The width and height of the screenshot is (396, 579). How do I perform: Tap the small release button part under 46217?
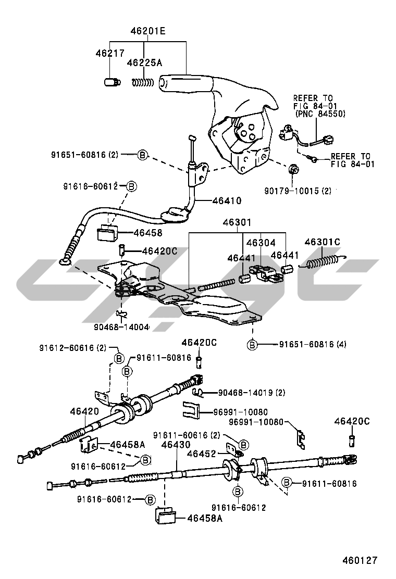point(111,82)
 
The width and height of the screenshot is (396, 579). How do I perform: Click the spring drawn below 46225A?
point(142,82)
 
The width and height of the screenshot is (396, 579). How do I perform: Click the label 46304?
point(261,243)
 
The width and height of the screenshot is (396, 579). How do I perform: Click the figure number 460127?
point(360,561)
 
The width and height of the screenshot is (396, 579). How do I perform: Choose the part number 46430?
point(176,445)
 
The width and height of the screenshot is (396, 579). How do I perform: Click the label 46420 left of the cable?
point(84,411)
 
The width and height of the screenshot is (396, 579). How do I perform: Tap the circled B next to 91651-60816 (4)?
point(252,345)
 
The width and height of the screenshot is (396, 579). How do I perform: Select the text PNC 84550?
point(320,113)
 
